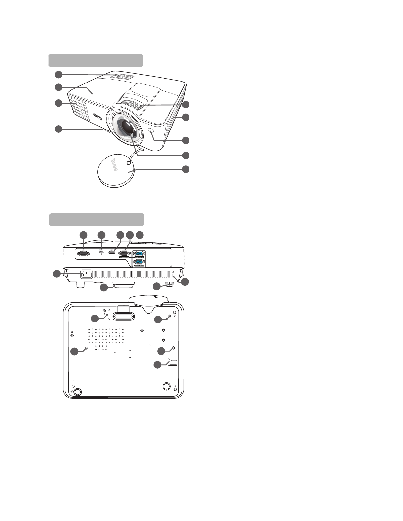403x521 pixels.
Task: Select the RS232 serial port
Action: [x=84, y=253]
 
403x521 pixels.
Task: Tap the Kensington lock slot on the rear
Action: [x=174, y=272]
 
